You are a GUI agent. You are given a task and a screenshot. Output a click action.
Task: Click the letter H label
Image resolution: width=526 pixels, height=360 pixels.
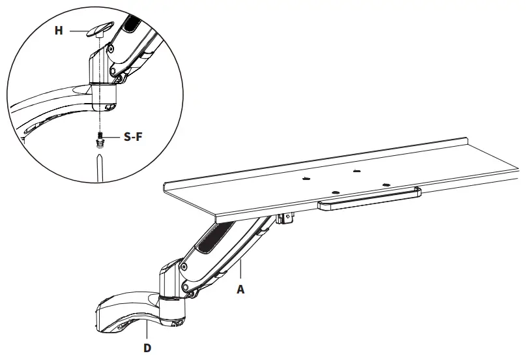[x=59, y=30]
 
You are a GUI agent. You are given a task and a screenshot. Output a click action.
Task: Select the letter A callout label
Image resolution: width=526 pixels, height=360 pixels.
[x=241, y=290]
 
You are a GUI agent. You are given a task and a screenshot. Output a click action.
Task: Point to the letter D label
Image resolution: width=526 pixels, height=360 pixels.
[x=148, y=347]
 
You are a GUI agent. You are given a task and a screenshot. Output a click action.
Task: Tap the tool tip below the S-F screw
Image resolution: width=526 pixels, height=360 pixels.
[x=99, y=160]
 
